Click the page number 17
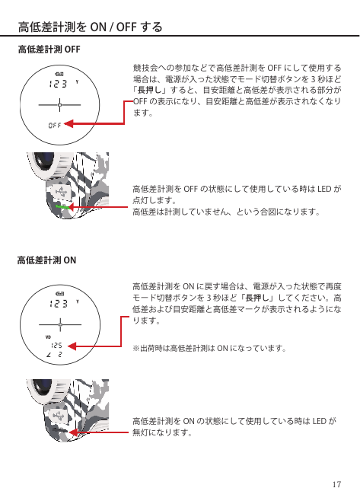point(336,484)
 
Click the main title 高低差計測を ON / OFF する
point(91,27)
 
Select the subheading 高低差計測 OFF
point(49,49)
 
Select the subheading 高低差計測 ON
point(47,260)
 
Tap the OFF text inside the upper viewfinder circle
point(55,125)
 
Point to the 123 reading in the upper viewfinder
point(58,84)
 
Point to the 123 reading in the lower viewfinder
point(58,304)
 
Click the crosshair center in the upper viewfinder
point(60,105)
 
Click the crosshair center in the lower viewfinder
point(60,325)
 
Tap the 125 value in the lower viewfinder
point(56,346)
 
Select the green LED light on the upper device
point(62,206)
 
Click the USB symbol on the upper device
point(61,193)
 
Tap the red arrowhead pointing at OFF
point(68,124)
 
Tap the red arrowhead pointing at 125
point(72,346)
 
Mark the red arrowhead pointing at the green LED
point(72,207)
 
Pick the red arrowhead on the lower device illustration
point(73,432)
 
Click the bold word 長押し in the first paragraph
point(149,90)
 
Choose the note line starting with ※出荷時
point(209,349)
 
